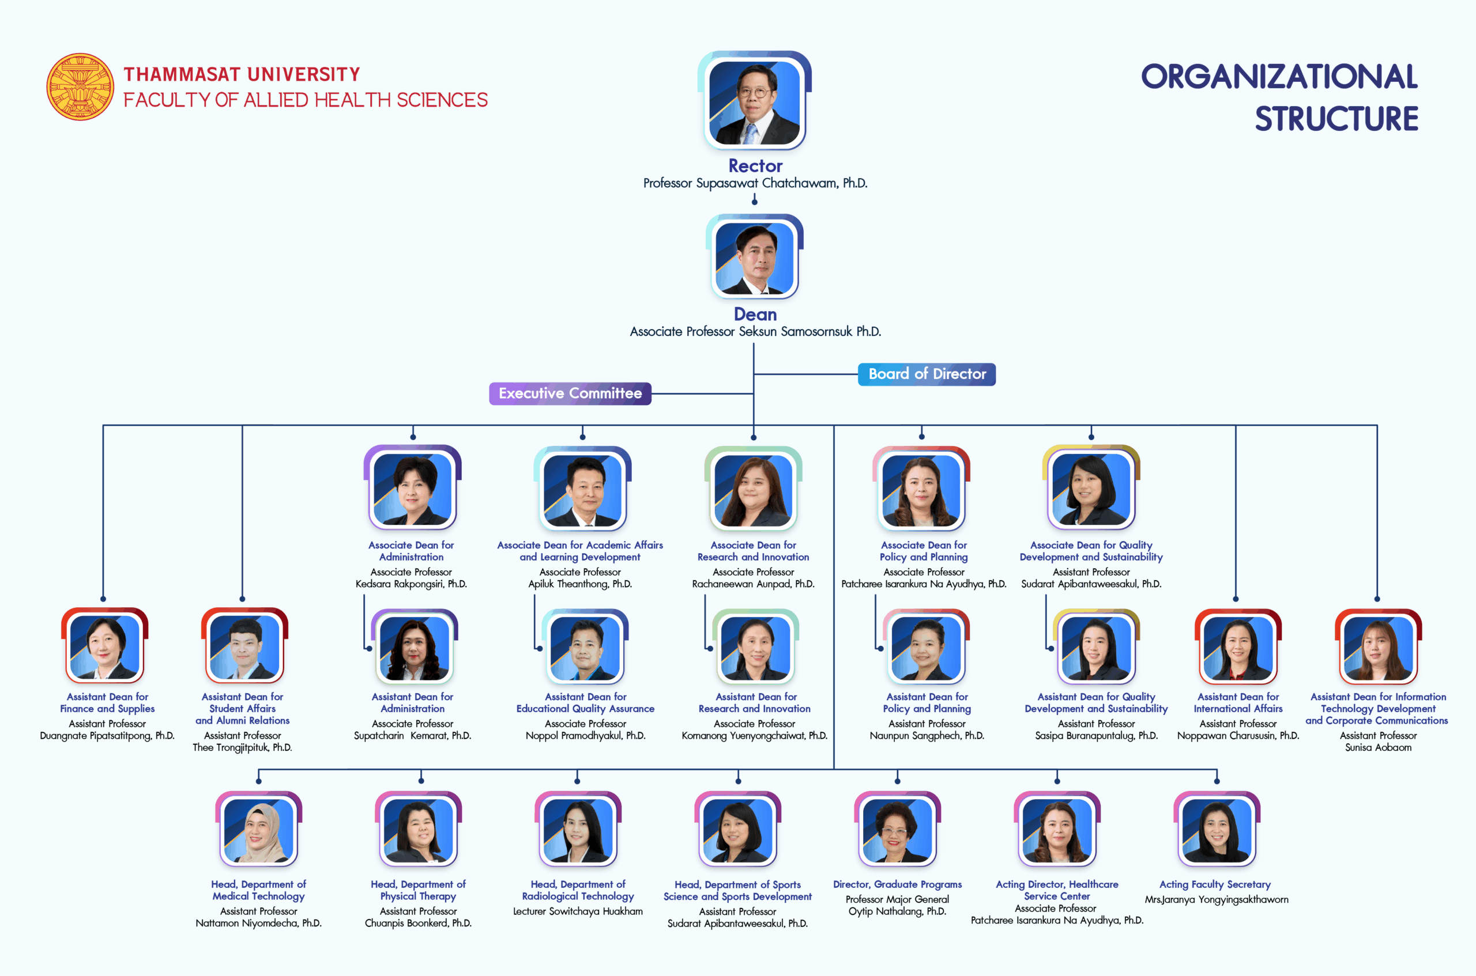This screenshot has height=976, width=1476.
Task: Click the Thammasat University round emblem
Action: [80, 86]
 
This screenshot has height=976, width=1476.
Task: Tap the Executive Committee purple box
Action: [570, 394]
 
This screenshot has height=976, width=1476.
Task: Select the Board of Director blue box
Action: [927, 374]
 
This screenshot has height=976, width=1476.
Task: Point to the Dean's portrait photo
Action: [754, 258]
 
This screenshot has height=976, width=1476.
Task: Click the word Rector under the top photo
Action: [755, 166]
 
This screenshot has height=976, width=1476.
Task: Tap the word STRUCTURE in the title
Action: [1336, 119]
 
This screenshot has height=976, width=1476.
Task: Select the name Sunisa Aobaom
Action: [1377, 748]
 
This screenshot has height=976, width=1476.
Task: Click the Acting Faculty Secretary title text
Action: [1214, 884]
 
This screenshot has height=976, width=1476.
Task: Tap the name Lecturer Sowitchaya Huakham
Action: [577, 911]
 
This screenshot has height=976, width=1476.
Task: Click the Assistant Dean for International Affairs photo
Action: [1237, 648]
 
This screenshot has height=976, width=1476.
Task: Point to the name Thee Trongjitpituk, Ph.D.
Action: [242, 748]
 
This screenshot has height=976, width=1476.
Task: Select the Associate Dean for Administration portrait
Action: [412, 489]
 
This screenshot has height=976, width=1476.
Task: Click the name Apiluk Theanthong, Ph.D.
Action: [580, 584]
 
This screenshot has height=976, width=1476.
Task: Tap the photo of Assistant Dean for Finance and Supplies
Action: [104, 648]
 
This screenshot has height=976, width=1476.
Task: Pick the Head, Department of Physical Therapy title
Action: [418, 890]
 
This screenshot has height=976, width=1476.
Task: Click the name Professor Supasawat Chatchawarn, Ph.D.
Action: [755, 184]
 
